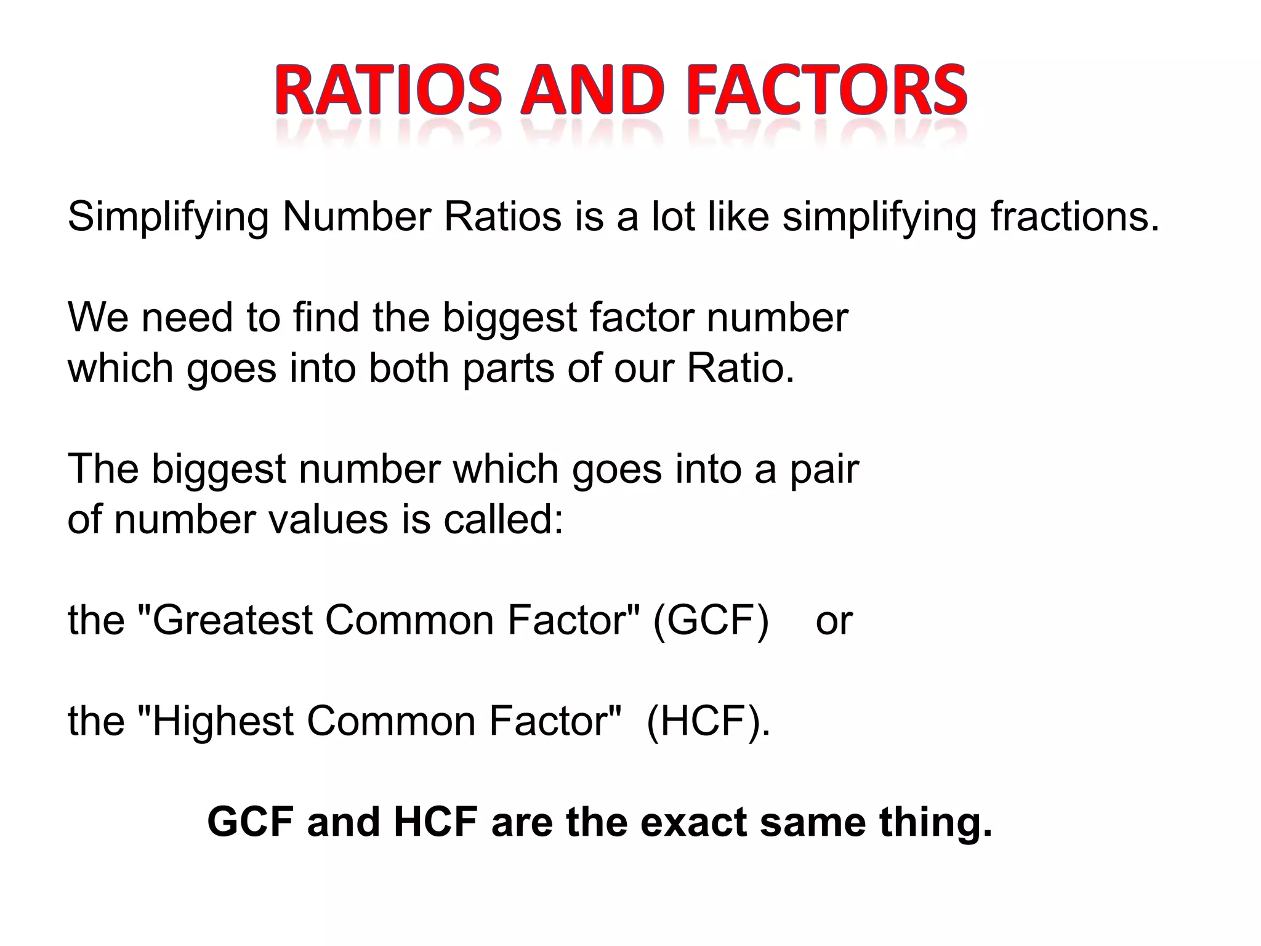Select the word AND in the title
593,92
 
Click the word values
329,519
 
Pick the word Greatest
232,620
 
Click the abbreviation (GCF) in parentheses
711,620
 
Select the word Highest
223,721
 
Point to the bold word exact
693,822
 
